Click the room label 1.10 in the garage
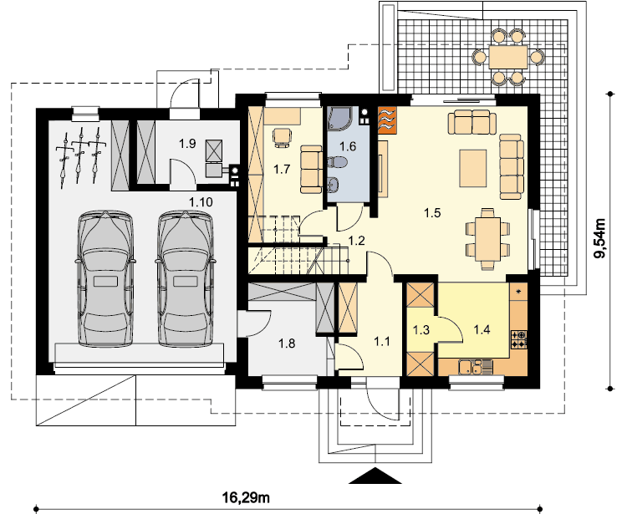201,202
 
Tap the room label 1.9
187,144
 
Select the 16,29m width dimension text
246,497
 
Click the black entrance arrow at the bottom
375,476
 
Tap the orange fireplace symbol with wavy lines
387,120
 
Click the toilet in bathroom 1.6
337,162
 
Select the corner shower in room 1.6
339,119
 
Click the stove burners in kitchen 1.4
518,339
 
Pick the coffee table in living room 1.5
473,168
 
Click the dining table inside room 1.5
488,239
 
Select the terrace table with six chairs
507,57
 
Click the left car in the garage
105,278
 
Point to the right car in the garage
185,278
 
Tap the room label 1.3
421,330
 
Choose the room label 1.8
287,343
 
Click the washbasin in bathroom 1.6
334,185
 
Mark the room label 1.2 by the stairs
356,241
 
